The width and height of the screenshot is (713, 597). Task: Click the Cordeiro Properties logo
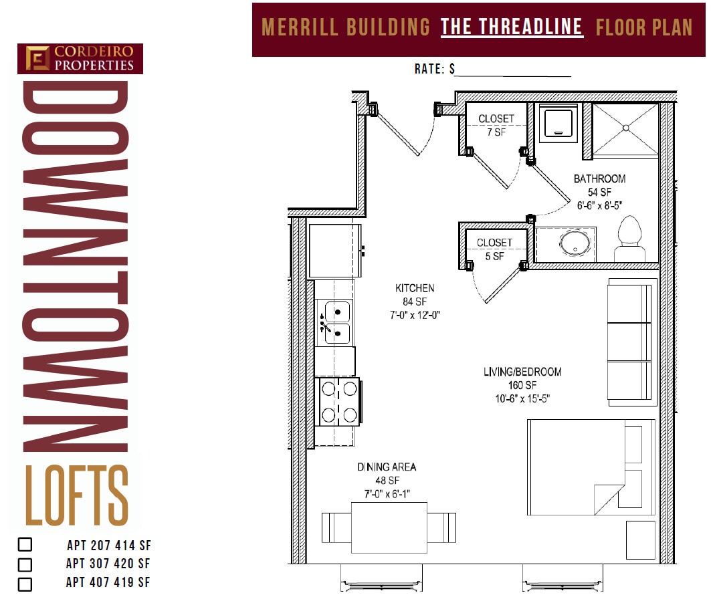(x=80, y=59)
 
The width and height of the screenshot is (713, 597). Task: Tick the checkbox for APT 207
(x=25, y=545)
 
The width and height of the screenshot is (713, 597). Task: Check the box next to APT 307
(x=25, y=565)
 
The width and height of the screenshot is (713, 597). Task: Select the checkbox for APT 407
(x=25, y=584)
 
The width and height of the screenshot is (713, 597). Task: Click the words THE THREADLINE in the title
(x=512, y=27)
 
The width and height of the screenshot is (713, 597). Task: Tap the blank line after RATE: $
(x=513, y=70)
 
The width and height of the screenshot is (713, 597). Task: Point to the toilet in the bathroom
(x=630, y=240)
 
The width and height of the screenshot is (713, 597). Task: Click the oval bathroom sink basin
(x=575, y=242)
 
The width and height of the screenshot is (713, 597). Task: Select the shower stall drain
(x=626, y=126)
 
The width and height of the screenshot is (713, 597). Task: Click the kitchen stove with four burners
(x=338, y=401)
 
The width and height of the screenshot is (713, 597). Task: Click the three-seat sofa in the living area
(x=629, y=342)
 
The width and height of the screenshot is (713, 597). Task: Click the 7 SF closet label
(x=496, y=125)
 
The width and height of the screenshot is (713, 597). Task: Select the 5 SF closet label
(x=494, y=249)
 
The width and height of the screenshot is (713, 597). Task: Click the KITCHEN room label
(x=415, y=288)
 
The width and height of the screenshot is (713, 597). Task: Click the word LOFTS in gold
(x=77, y=495)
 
